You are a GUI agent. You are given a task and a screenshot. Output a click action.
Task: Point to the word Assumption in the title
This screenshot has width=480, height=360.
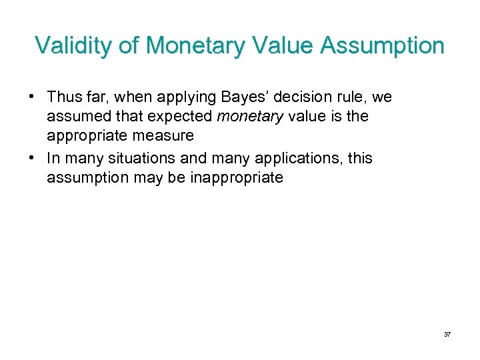(x=383, y=46)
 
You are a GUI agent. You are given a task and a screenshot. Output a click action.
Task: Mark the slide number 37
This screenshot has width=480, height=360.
(x=447, y=334)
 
